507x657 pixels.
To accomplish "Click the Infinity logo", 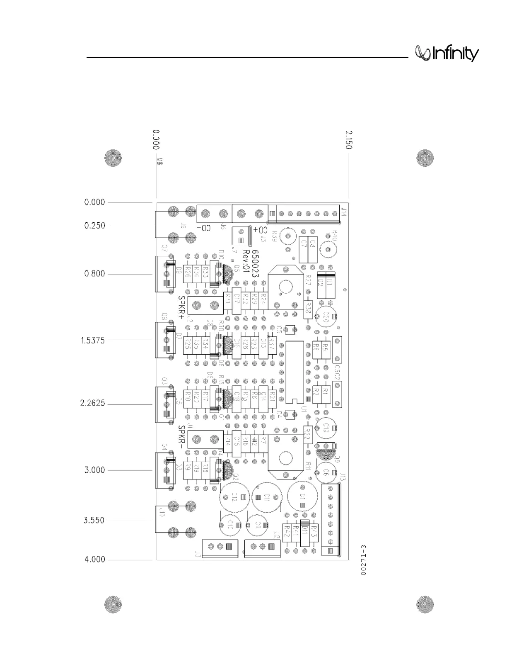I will [447, 54].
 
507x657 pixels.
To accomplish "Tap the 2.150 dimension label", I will [349, 140].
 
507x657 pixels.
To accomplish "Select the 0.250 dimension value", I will [95, 226].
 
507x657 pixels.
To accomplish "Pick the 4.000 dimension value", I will [95, 560].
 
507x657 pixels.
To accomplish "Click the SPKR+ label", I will [181, 307].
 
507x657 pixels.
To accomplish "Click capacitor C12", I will [234, 497].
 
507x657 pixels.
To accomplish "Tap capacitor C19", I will [326, 427].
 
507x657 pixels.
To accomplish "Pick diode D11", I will [304, 530].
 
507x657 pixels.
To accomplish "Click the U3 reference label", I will [198, 553].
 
